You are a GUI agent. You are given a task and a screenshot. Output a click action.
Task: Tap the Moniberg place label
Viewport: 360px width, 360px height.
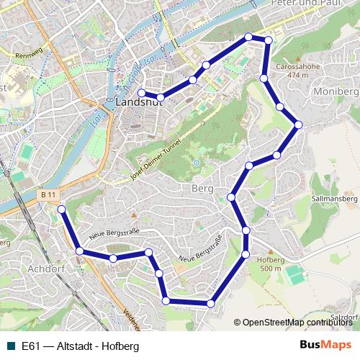click(336, 92)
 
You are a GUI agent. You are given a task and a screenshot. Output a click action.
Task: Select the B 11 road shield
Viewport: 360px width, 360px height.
click(48, 195)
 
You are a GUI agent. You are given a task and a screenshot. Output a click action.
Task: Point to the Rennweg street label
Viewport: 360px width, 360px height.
click(29, 54)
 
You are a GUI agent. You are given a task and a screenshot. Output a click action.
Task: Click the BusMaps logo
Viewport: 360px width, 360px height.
click(325, 346)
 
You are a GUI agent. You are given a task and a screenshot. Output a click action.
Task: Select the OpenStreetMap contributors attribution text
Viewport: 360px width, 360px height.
click(294, 322)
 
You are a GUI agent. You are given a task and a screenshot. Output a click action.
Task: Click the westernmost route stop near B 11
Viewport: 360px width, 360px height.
click(61, 210)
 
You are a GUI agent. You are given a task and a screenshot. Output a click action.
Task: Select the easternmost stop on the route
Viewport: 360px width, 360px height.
click(298, 125)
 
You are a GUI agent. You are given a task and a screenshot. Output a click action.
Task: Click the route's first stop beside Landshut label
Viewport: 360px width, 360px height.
click(141, 93)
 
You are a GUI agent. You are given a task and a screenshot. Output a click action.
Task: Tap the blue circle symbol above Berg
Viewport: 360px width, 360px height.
click(196, 163)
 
